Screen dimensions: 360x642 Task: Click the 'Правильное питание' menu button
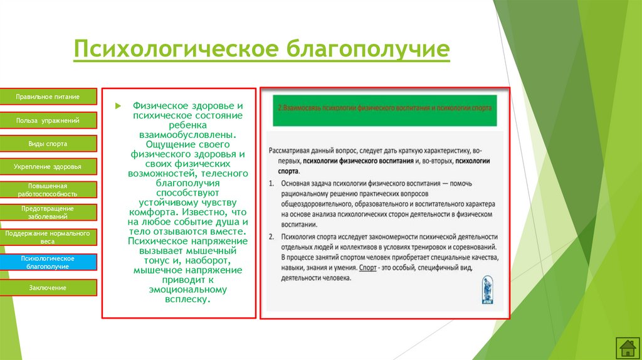(x=48, y=97)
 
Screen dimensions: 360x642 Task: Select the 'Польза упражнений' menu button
(x=48, y=120)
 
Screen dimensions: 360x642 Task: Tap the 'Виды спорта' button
(x=48, y=144)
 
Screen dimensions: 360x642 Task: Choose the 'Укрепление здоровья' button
(x=48, y=167)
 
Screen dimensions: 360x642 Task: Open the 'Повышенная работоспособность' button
(x=48, y=190)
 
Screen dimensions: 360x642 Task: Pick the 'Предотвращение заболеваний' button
(x=48, y=212)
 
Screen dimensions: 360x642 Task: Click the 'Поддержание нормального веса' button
(x=48, y=236)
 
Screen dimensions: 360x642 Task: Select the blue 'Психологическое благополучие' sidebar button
(x=48, y=262)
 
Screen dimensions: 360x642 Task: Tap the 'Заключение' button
(x=48, y=288)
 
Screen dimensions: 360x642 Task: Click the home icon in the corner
(x=627, y=347)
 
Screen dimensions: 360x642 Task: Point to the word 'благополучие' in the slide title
(x=368, y=50)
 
